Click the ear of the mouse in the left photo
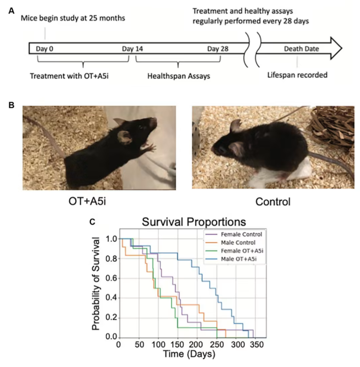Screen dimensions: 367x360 click(124, 136)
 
